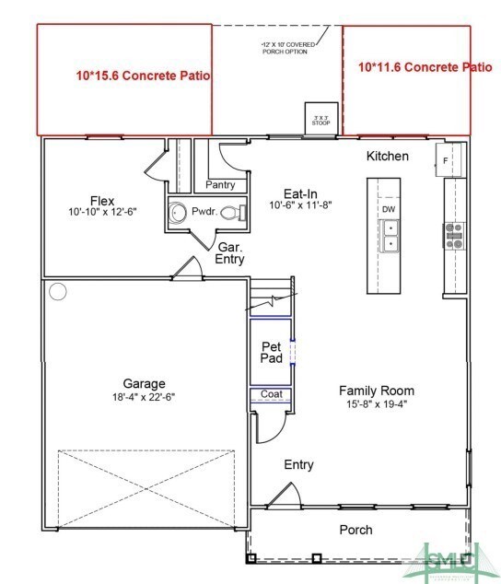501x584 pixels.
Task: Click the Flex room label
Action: click(101, 201)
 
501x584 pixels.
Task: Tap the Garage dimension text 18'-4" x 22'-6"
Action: click(145, 398)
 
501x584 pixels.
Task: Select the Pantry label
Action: click(220, 185)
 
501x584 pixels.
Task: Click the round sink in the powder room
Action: click(179, 214)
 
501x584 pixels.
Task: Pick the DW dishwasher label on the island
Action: click(389, 209)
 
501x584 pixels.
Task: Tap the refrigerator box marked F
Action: click(446, 159)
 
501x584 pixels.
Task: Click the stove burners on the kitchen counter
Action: click(454, 236)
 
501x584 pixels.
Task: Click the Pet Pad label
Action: click(271, 353)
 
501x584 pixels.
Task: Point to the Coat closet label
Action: click(271, 394)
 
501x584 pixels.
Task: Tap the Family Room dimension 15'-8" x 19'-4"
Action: click(377, 404)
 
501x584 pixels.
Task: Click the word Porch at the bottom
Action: click(356, 530)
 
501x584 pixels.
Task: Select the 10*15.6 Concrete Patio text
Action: click(144, 76)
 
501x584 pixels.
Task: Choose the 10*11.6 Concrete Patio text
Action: click(425, 66)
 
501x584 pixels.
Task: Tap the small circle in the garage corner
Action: click(58, 292)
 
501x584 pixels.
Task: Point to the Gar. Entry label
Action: click(230, 253)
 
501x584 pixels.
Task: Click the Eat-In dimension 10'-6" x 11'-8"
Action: click(300, 205)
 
